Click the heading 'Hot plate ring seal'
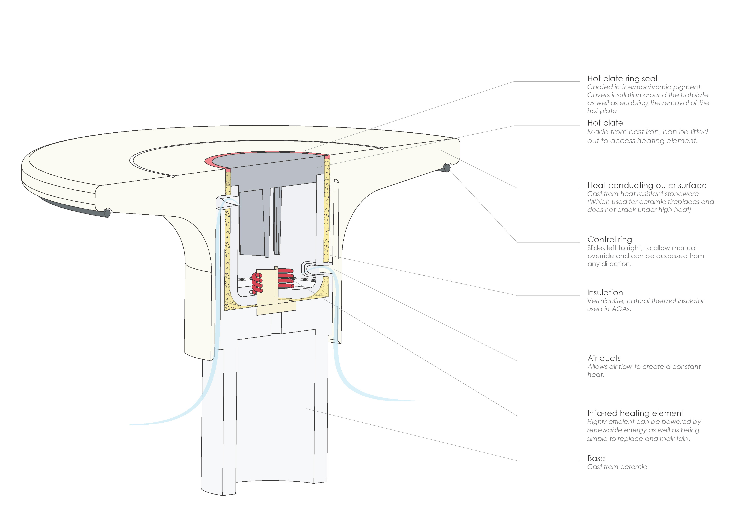pos(622,79)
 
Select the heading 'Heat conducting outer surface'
pos(647,185)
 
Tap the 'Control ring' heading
pos(609,240)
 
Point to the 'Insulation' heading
pos(605,292)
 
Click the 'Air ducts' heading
pos(604,358)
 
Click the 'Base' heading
pos(596,458)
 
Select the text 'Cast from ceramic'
pos(617,467)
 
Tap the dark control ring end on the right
pos(446,168)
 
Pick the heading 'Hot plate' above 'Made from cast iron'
pos(605,123)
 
